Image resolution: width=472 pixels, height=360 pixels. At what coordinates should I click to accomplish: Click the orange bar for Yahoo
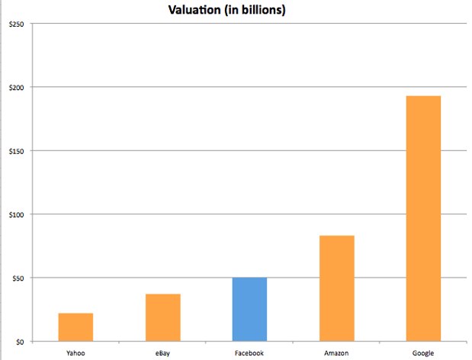75,327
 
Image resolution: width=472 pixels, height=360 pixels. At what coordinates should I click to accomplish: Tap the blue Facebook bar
249,310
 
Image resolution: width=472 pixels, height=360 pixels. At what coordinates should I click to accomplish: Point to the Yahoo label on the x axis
75,353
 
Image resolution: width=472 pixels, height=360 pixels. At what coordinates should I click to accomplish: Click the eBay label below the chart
162,353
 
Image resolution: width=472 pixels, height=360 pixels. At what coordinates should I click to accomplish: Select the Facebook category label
249,353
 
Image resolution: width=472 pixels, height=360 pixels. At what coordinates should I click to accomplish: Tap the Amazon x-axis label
336,353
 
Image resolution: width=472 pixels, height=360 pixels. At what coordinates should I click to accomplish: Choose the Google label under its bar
423,353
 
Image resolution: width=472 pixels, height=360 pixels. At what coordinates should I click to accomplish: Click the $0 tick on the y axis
18,342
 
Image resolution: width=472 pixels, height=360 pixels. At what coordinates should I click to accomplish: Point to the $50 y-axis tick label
16,278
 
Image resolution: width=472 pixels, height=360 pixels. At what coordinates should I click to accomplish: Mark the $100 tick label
14,214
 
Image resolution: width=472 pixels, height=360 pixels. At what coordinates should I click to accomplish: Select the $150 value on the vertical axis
14,151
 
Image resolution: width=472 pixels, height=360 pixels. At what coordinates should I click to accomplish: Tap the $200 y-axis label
14,88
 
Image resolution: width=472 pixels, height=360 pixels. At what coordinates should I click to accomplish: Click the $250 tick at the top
14,24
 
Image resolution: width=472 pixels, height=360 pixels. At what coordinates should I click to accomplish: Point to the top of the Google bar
423,97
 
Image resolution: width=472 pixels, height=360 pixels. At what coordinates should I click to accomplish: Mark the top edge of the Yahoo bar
75,313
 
